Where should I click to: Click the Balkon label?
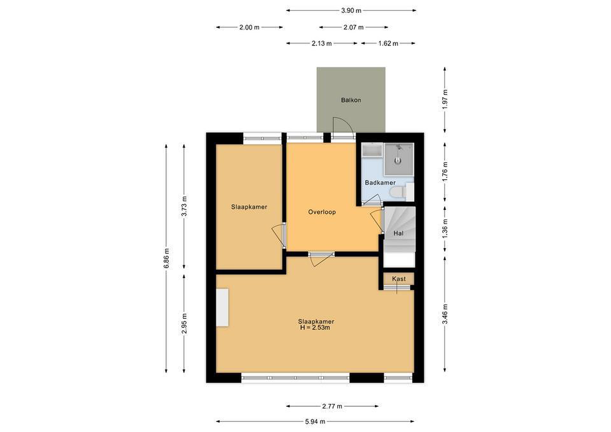point(351,100)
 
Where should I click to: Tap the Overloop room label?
point(322,212)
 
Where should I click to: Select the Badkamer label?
point(380,183)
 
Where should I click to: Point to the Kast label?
point(399,279)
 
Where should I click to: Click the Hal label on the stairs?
point(398,233)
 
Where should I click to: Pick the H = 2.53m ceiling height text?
point(315,327)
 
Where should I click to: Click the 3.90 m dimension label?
point(351,11)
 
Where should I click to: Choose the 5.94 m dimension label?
point(315,421)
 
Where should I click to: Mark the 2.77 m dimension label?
point(332,406)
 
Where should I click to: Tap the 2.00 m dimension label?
point(249,27)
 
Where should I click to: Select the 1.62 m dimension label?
point(388,43)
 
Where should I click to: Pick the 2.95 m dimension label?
point(184,323)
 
